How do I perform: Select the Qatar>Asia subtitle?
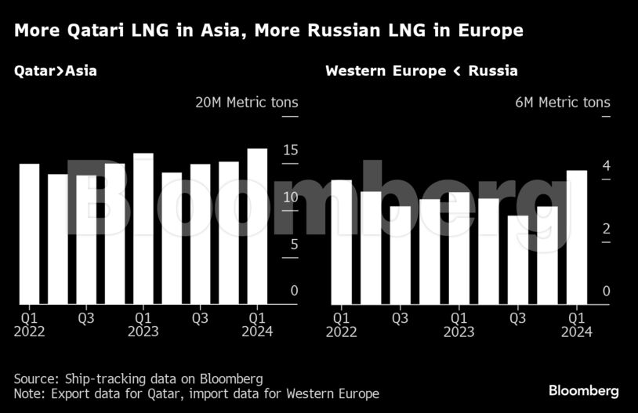point(55,71)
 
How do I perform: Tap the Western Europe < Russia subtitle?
point(421,71)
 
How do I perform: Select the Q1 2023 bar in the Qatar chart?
point(143,228)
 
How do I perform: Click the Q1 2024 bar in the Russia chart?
point(577,237)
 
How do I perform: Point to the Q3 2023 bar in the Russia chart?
point(518,259)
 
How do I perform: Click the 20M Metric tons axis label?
point(246,103)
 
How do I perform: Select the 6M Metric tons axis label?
point(562,103)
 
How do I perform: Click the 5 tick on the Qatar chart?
point(294,244)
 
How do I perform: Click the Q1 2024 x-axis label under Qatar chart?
point(257,324)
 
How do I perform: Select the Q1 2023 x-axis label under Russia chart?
point(459,324)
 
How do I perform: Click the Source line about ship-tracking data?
point(138,378)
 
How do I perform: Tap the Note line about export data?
point(196,393)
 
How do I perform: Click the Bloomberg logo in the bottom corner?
point(583,390)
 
